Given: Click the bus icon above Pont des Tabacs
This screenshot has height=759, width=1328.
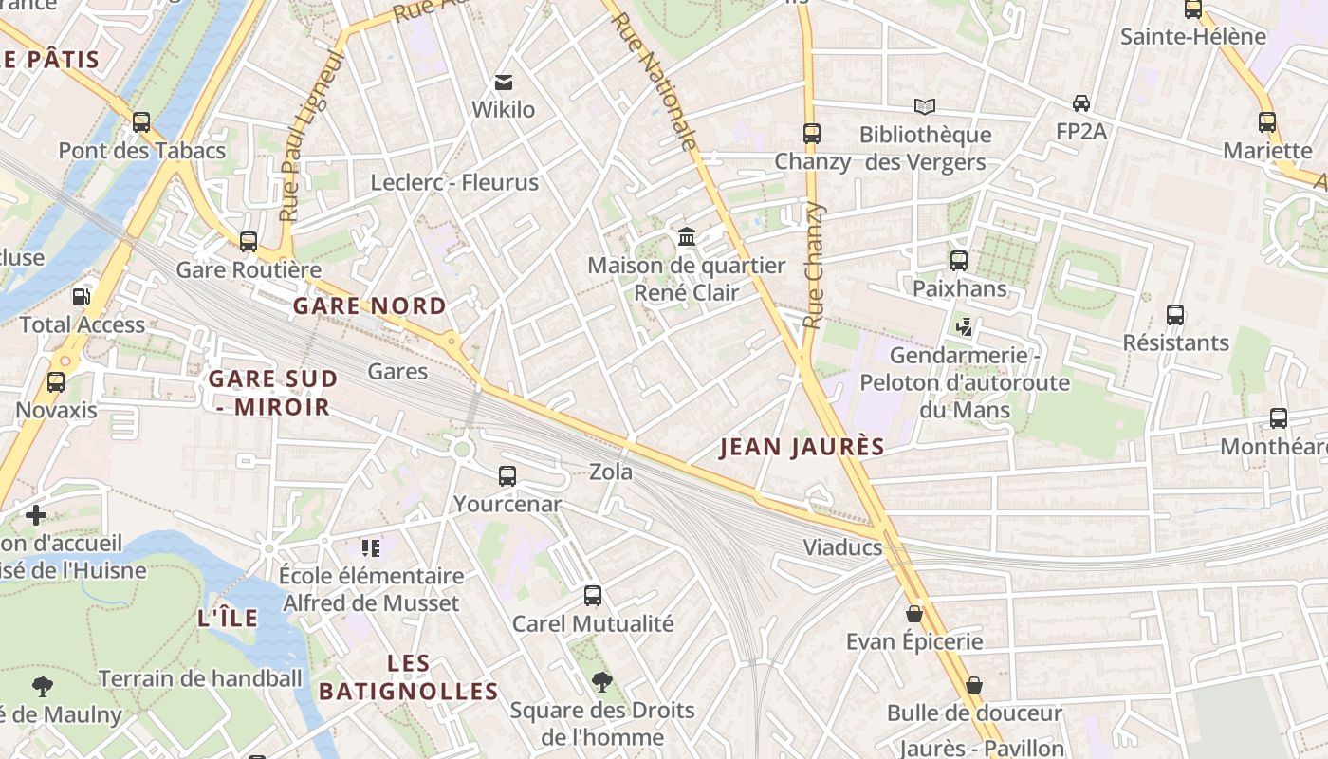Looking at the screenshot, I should coord(141,121).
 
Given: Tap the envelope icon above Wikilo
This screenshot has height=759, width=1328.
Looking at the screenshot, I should coord(504,82).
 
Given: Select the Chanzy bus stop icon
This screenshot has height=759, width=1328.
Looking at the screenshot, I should coord(811,134).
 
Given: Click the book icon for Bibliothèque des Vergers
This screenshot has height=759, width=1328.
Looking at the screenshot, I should coord(925,106).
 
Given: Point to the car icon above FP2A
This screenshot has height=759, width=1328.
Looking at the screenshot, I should coord(1080,102).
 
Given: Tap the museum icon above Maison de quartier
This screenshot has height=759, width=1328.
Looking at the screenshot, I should coord(687,236).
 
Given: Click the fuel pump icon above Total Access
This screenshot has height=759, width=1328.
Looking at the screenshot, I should coord(82,296).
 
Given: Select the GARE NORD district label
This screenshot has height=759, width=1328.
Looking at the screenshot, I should coord(369,305).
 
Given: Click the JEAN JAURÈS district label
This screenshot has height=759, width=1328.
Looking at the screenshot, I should coord(802,447).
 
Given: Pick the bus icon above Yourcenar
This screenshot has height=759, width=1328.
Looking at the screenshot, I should coord(507,476).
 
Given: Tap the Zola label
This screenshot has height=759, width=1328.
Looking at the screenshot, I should coord(611,471).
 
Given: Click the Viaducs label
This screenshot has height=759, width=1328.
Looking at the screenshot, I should coord(842,547).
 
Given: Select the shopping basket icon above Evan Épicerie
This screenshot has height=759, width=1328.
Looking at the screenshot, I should coord(914,614).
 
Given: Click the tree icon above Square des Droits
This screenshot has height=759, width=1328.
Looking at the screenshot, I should coord(601,681).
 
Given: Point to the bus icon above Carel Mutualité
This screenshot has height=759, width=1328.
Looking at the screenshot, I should coord(593,596).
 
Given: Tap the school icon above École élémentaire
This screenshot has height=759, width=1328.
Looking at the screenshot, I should coord(371,547).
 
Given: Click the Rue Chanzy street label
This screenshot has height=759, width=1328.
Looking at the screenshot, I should coord(813,266).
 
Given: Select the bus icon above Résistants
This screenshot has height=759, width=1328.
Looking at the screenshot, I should coord(1175,315).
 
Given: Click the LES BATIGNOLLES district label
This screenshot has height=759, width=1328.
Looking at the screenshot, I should coord(409,677).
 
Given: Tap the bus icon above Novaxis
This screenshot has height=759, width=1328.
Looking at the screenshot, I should coord(56,382).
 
